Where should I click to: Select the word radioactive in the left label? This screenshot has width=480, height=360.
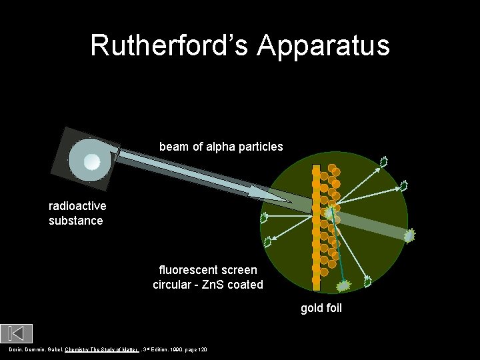coord(77,205)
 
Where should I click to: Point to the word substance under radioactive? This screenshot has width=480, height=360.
coord(76,220)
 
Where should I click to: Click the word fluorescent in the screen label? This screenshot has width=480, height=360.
coord(188,271)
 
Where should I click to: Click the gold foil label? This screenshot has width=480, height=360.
coord(321,308)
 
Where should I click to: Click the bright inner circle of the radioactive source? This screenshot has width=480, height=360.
coord(91,161)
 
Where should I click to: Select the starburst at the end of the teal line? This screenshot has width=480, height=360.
coord(345,286)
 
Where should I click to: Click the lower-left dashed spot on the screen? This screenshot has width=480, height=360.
coord(269,241)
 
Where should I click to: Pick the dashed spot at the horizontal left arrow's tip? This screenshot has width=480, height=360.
coord(264,217)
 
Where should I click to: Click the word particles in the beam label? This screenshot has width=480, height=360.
coord(261,146)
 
